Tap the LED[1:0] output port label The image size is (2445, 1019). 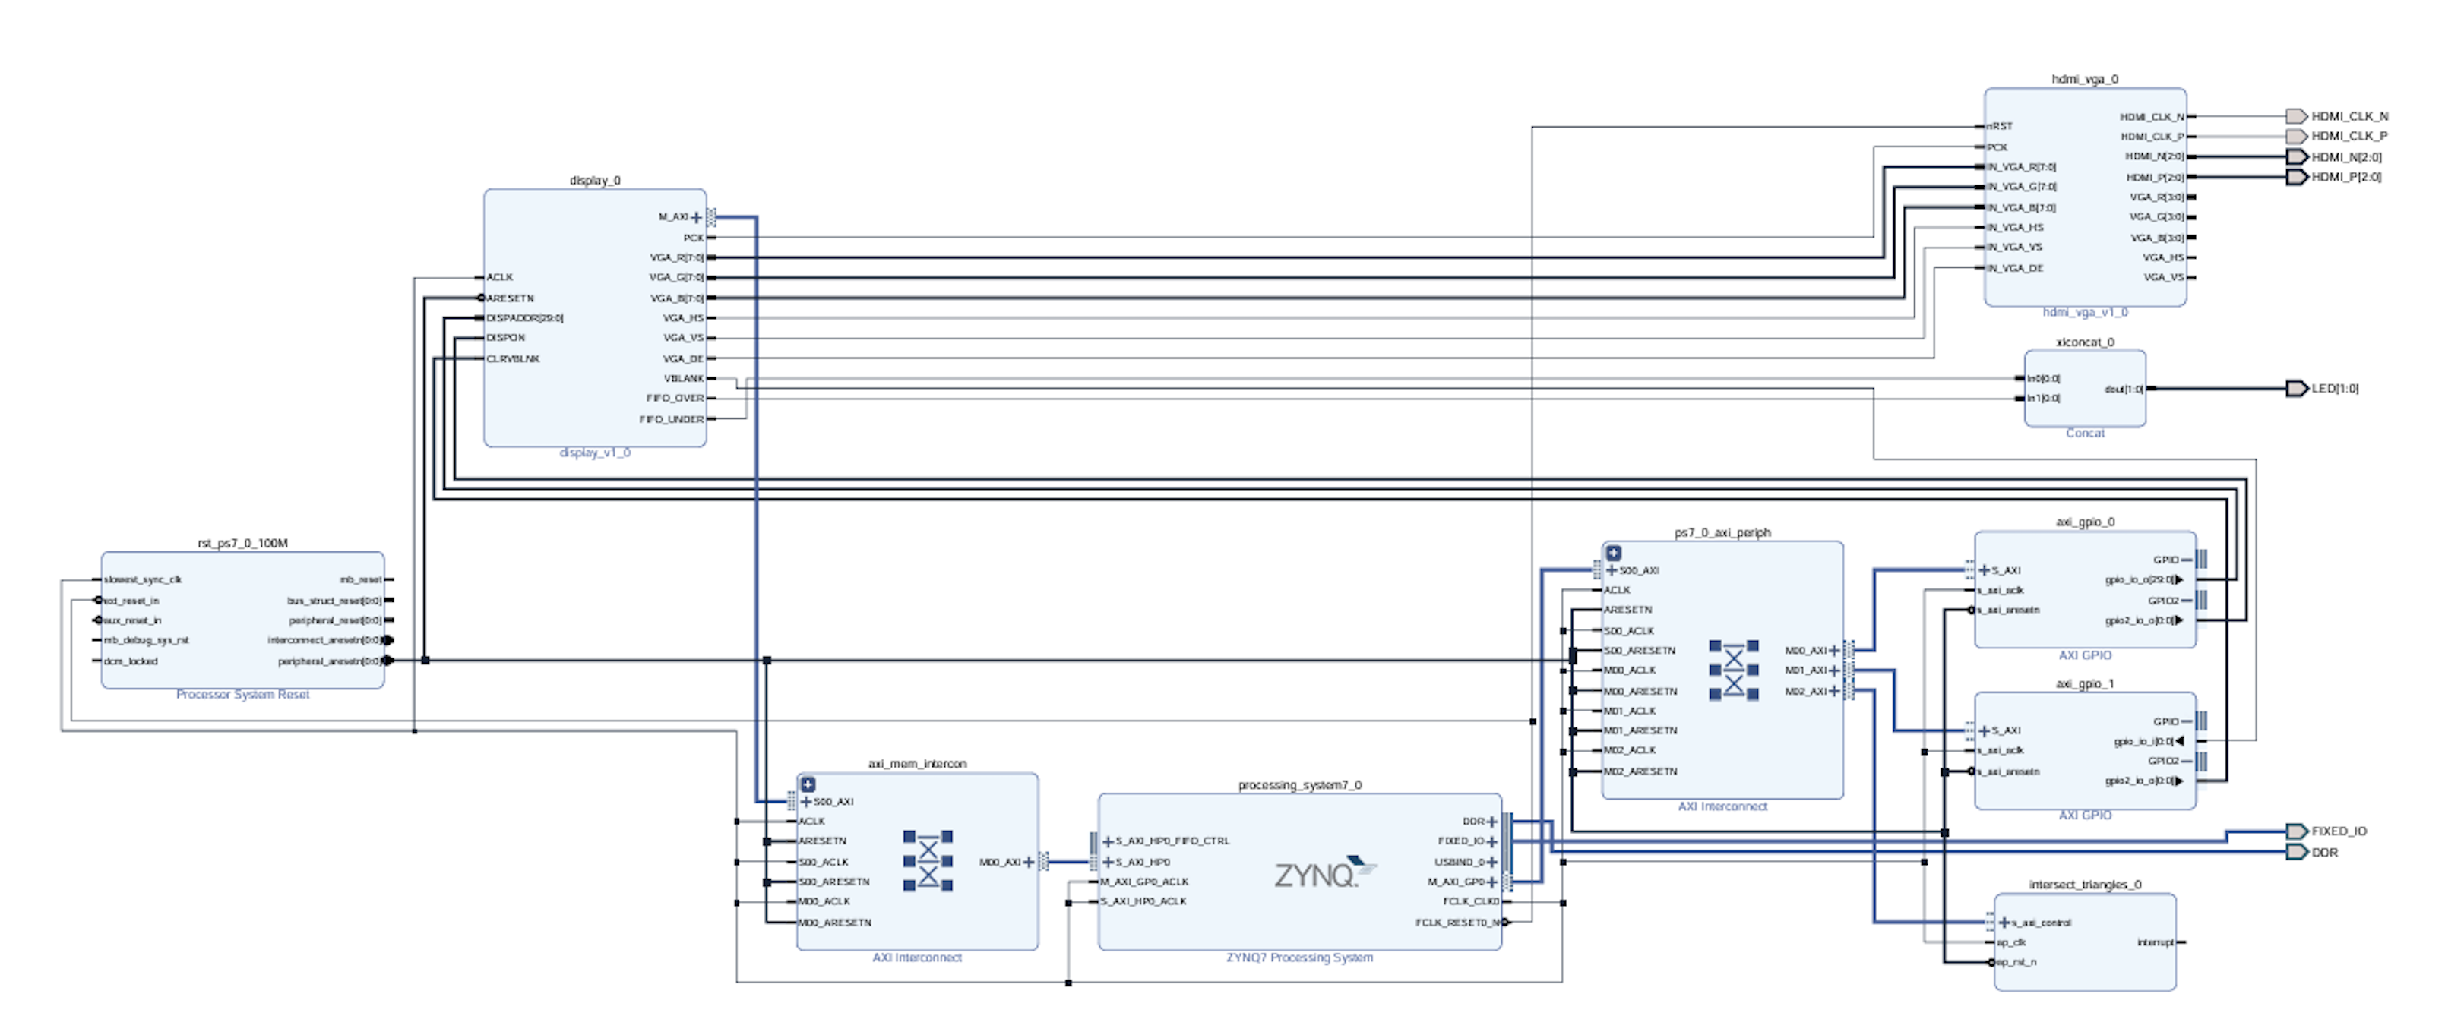(x=2334, y=388)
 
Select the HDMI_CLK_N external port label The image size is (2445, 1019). (x=2349, y=115)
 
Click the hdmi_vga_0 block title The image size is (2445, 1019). (x=2084, y=79)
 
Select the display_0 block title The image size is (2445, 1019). (x=594, y=180)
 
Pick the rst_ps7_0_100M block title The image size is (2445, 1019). (x=242, y=543)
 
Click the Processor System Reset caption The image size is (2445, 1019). (x=242, y=695)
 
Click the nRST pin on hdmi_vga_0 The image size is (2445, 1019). (x=2000, y=126)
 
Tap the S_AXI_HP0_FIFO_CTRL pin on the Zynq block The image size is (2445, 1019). (x=1172, y=841)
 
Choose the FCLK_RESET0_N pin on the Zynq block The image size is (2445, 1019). (x=1457, y=923)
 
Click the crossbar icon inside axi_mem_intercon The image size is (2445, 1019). (x=927, y=860)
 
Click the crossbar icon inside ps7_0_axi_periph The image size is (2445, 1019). (x=1733, y=670)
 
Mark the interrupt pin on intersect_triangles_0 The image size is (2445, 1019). (x=2155, y=942)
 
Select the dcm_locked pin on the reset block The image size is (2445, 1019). (x=131, y=661)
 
